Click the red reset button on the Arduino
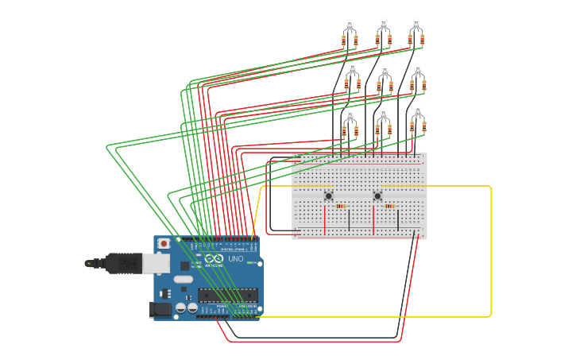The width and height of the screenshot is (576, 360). tap(164, 243)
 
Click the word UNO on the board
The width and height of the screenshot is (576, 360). tap(236, 259)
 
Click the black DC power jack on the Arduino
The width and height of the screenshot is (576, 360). tap(161, 310)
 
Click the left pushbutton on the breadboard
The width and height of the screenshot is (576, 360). tap(329, 195)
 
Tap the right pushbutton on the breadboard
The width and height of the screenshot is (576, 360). tap(377, 195)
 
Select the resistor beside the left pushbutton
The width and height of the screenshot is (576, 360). tap(341, 206)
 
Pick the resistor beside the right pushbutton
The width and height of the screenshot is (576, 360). tap(389, 206)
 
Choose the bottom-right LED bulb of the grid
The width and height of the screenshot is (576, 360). tap(418, 112)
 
